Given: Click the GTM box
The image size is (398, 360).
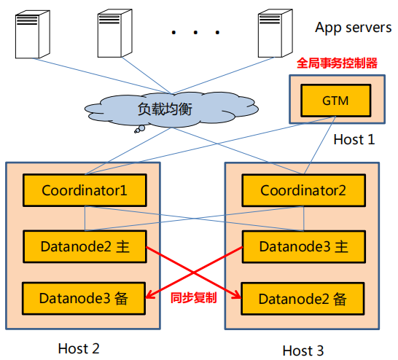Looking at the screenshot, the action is point(336,101).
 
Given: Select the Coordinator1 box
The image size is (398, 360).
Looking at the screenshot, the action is point(85,190).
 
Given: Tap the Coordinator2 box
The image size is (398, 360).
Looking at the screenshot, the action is point(303,190).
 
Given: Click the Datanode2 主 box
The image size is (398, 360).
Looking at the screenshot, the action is point(85,246).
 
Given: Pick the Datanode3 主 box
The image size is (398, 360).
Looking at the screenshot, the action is point(303,246).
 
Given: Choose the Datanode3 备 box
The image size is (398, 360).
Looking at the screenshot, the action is point(84,298).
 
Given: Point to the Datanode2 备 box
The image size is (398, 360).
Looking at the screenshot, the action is point(303,299).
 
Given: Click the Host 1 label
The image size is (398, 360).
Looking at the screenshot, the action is point(354,139).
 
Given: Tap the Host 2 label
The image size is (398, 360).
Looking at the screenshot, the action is point(79,348).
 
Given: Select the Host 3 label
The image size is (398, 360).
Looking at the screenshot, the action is point(303,351).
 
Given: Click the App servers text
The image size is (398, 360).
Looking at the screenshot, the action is point(354,28).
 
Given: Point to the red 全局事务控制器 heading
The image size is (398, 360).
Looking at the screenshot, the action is point(337,63).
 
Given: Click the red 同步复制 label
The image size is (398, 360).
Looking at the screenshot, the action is point(194,297).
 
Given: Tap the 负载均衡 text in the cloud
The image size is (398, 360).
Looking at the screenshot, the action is point(165,109).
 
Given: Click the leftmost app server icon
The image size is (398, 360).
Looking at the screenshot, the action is point(33,34).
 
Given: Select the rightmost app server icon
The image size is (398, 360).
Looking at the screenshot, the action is point(276,34).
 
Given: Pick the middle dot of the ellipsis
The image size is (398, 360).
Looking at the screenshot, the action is point(195,32).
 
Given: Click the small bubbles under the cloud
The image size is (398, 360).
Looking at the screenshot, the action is point(140,129).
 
